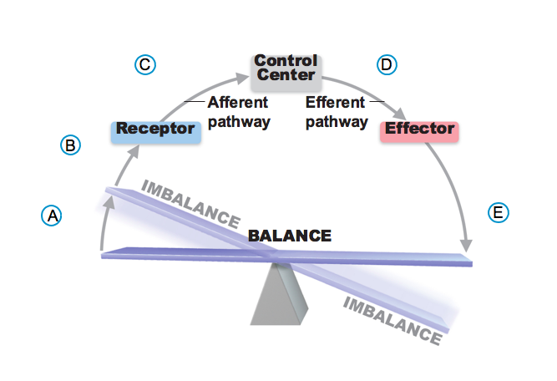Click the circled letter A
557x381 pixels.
coord(52,215)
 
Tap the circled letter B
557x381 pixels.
coord(71,145)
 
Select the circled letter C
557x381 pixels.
coord(144,64)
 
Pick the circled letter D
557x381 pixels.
coord(386,64)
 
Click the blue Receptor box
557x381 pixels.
coord(156,130)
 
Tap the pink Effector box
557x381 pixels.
coord(418,130)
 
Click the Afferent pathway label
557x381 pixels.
coord(238,112)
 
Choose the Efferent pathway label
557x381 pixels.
coord(336,112)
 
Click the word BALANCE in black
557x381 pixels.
coord(290,236)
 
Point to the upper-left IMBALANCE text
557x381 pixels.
coord(191,201)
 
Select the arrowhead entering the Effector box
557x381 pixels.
coord(402,114)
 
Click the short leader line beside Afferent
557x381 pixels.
coord(194,102)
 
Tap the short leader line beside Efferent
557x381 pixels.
coord(377,102)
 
